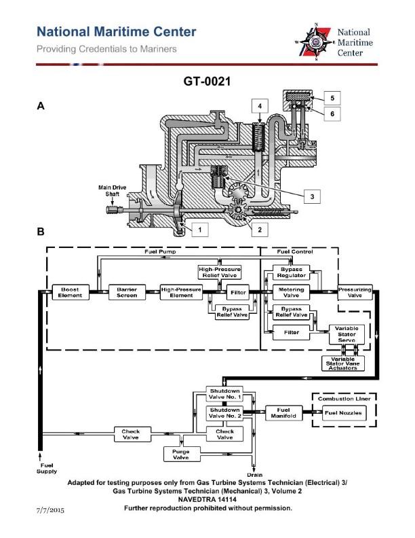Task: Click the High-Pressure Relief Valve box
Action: coord(216,272)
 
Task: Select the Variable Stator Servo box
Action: coord(347,332)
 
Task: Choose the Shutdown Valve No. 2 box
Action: coord(224,413)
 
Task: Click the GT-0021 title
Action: coord(207,81)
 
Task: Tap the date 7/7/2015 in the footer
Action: coord(52,509)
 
